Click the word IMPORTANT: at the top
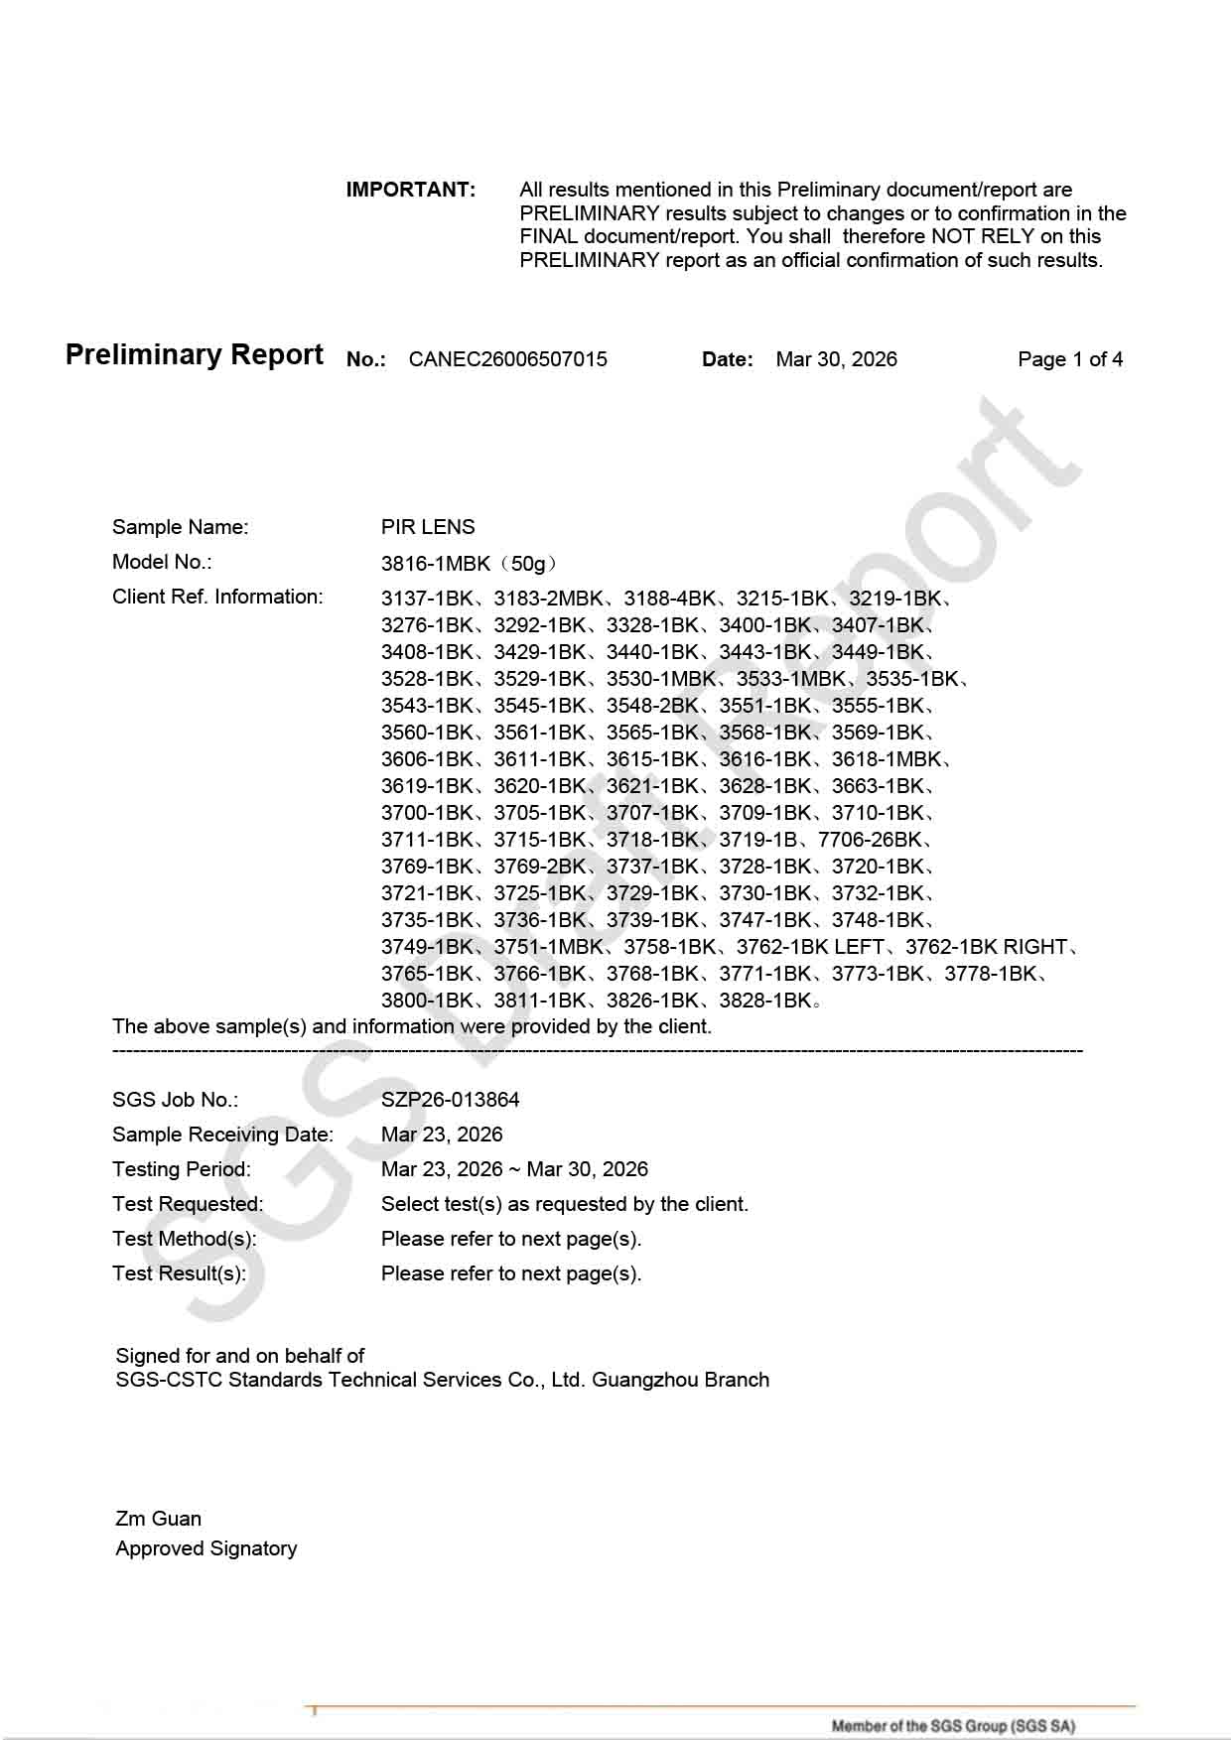(410, 190)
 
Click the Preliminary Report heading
(195, 355)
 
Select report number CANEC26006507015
(507, 359)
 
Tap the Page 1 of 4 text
(1070, 359)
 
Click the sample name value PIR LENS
(428, 527)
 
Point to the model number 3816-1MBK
(436, 564)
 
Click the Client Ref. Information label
(217, 597)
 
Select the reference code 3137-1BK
(427, 599)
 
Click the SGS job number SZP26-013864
(450, 1100)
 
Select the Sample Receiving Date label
(222, 1135)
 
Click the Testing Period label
(182, 1169)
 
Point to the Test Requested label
(188, 1204)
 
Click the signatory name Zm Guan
(159, 1519)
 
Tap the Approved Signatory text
(206, 1548)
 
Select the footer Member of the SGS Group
(953, 1726)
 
